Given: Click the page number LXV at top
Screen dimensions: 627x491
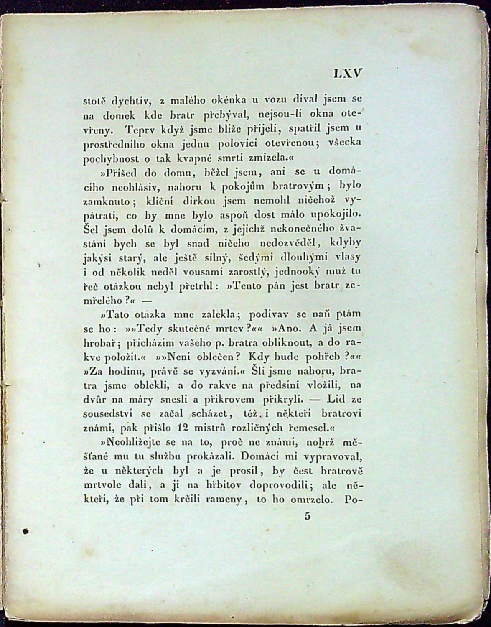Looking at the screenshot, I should click(347, 74).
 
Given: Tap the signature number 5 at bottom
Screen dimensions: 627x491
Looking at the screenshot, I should click(308, 516).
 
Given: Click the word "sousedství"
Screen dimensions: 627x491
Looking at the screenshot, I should click(108, 414).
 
